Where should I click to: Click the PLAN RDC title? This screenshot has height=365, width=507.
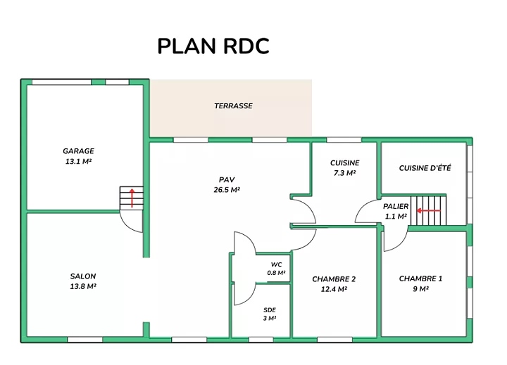pos(213,46)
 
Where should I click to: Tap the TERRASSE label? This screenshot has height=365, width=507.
pos(233,106)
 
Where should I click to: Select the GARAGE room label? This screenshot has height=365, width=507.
pos(78,151)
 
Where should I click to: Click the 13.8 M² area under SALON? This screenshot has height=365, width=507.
pos(83,286)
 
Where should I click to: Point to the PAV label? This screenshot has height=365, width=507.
pos(227,179)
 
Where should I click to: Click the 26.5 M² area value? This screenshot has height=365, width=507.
pos(227,190)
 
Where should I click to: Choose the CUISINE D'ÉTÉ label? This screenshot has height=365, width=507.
pos(425,168)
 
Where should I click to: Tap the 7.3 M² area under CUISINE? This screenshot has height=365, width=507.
pos(344,173)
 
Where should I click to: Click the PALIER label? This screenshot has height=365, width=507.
pos(396,207)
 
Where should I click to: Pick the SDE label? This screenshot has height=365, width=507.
pos(270,310)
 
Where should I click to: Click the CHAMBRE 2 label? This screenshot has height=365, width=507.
pos(334,279)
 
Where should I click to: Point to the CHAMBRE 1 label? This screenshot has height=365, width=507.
pos(420,279)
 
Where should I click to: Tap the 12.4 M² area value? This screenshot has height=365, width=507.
pos(334,289)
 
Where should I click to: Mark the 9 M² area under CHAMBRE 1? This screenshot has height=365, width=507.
pos(420,289)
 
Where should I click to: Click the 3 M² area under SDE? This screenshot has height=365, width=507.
pos(270,319)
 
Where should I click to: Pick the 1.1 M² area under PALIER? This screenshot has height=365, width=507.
pos(396,217)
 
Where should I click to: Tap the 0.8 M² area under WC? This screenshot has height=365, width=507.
pos(276,272)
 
